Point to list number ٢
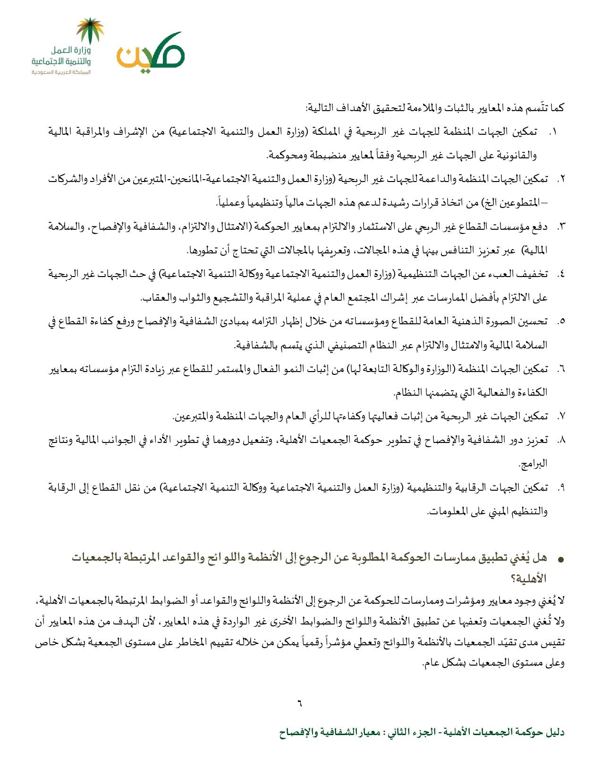561,180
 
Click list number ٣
561,227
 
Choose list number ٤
561,274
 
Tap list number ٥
561,321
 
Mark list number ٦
561,369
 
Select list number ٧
561,416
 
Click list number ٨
561,441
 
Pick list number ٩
561,488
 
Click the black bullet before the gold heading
561,559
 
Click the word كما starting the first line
557,109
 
